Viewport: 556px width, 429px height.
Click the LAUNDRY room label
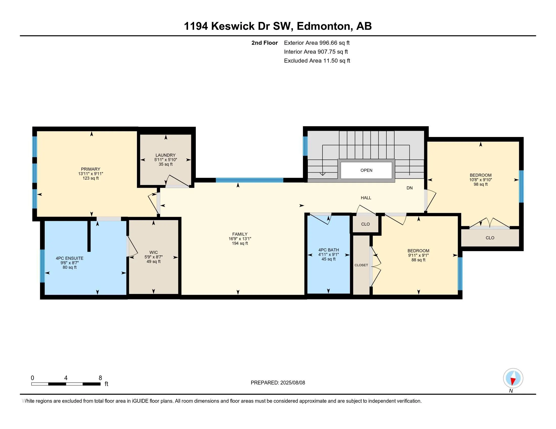pos(166,155)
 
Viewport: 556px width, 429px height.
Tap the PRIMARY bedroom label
pos(90,169)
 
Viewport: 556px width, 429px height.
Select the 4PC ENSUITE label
pos(69,258)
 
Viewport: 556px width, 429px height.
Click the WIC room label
pos(153,252)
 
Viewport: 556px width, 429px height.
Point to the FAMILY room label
pos(240,234)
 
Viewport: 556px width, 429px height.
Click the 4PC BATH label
pos(328,250)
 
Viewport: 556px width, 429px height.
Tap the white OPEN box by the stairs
pos(366,170)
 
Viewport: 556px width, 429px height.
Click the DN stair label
pos(409,188)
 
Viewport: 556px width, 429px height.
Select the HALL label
pos(366,198)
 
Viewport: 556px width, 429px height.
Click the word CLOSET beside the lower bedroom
pos(361,265)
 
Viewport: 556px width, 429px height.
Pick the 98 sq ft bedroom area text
pos(480,184)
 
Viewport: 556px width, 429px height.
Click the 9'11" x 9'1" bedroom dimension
pos(418,255)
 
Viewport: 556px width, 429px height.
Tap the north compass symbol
pos(513,378)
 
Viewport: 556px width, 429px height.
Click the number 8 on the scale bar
pos(100,378)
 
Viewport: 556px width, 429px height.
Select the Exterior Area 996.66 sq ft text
pos(317,43)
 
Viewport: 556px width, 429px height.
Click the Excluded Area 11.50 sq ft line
pos(317,61)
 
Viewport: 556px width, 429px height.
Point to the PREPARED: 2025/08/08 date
pos(278,383)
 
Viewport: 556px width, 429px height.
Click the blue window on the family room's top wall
pos(249,180)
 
